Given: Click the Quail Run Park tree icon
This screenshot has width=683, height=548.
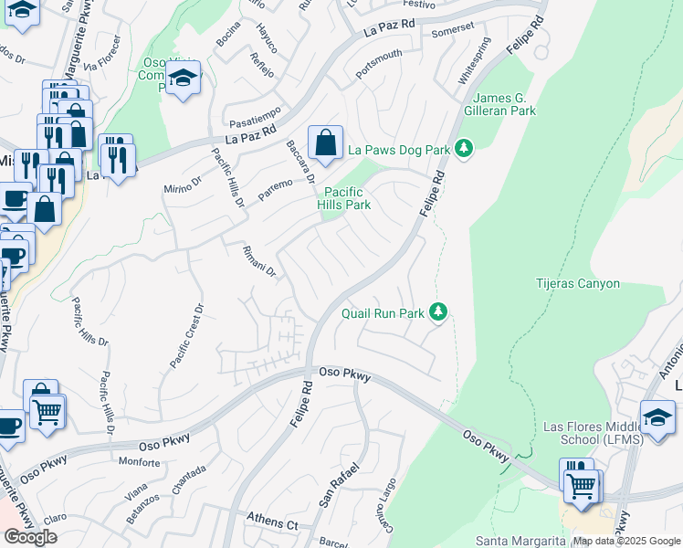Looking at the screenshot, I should (x=439, y=312).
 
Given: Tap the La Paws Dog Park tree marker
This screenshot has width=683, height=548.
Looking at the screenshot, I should (x=465, y=148).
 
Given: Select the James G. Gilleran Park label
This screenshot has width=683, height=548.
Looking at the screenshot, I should (x=504, y=104).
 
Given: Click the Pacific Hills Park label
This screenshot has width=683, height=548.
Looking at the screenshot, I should (x=344, y=198).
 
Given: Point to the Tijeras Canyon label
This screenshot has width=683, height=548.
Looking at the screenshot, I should (x=577, y=283).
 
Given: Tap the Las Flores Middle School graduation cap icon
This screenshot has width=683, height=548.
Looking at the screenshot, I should (x=657, y=416).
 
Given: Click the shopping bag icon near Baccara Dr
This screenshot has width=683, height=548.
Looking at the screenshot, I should (x=325, y=142).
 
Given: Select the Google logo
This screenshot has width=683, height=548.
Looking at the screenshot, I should (x=30, y=537).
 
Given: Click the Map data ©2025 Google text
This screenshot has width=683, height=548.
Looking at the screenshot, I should (x=626, y=541).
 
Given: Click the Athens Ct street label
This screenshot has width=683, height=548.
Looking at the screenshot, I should (x=272, y=522).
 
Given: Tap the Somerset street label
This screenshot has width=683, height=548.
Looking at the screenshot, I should (x=453, y=30).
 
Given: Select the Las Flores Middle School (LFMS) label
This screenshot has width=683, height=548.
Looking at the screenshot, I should (x=593, y=433).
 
